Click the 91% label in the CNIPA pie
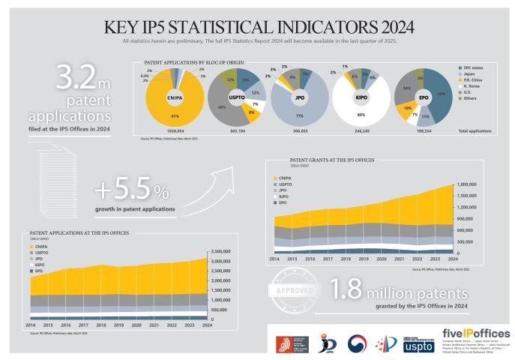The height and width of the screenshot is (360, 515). (x=175, y=115)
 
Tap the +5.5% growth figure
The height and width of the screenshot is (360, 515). (x=130, y=188)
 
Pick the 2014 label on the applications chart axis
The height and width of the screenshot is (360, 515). (x=32, y=325)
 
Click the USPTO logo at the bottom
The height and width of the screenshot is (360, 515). (x=418, y=344)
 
